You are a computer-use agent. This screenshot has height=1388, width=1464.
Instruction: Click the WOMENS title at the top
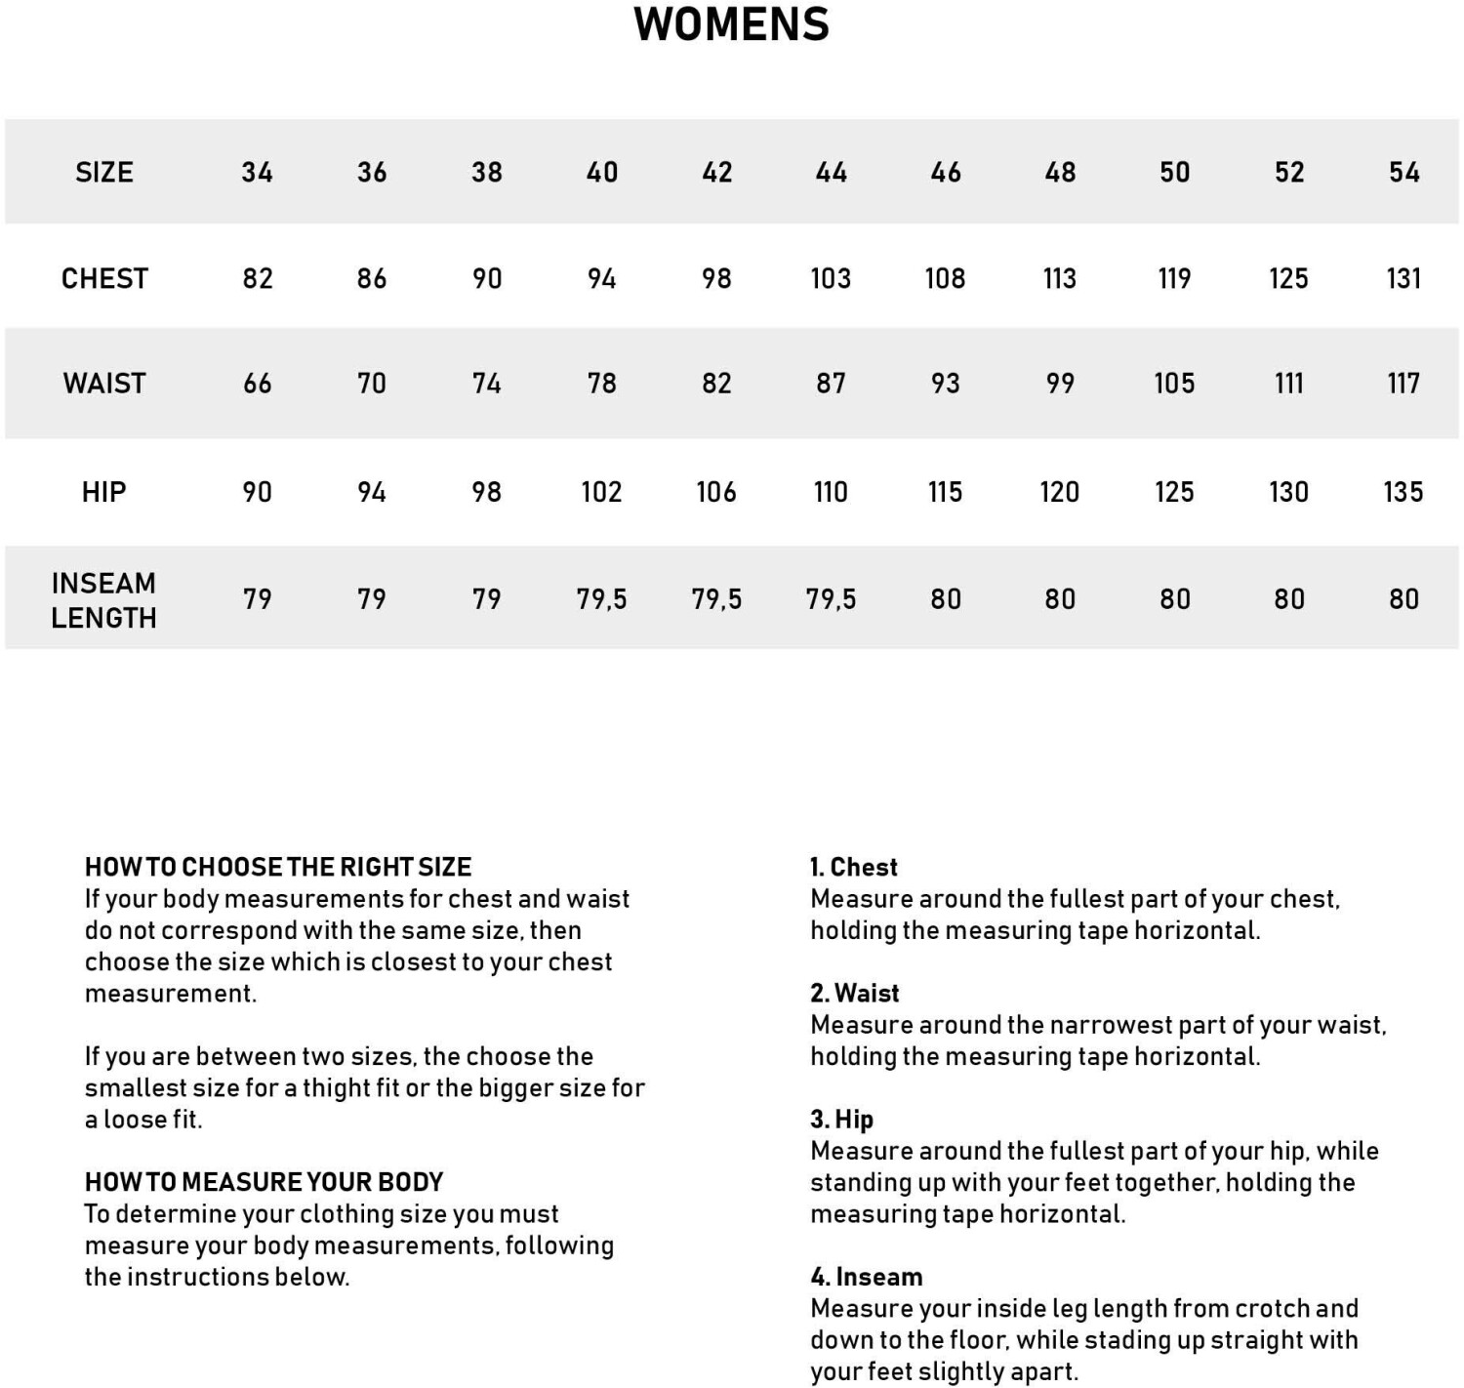point(731,24)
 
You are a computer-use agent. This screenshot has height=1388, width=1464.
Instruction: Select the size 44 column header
point(831,173)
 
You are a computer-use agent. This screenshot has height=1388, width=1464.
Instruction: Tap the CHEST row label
point(104,279)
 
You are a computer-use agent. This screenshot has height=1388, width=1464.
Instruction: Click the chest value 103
point(831,279)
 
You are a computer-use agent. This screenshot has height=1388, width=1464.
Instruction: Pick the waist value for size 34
point(258,384)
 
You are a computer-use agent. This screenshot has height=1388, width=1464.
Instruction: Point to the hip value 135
point(1403,492)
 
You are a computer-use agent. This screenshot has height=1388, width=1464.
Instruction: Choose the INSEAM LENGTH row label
point(103,600)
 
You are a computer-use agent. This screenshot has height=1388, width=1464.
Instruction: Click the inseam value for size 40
point(601,599)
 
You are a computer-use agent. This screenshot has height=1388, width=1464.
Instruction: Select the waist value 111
point(1288,384)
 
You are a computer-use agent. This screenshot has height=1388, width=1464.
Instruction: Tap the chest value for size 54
point(1403,279)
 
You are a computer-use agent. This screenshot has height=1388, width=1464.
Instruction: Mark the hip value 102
point(601,492)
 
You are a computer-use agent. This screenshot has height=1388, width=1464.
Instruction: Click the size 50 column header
point(1174,173)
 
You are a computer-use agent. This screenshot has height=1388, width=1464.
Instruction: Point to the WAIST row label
point(104,384)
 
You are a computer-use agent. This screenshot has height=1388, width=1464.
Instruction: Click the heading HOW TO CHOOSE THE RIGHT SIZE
point(278,867)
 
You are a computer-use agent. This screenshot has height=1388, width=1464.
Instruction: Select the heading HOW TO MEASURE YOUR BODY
point(264,1182)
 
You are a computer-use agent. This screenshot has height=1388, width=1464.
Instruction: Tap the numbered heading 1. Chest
point(854,867)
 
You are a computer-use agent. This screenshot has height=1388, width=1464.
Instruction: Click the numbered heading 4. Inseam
point(866,1277)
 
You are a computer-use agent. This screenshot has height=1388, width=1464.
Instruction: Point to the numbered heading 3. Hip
point(841,1119)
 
